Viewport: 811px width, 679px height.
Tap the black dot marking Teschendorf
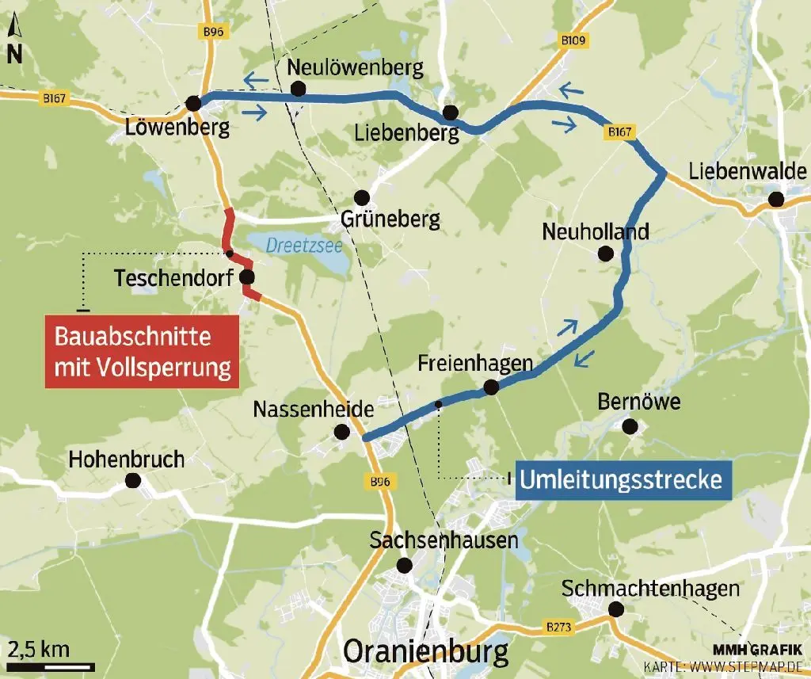point(246,277)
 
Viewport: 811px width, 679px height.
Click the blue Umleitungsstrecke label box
point(623,479)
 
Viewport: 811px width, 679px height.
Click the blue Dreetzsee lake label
point(304,246)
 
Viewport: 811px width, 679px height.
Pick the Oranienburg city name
point(426,654)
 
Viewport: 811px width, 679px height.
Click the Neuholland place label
point(595,231)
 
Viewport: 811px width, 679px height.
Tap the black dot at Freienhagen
point(490,387)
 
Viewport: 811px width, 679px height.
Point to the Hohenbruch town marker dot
point(133,480)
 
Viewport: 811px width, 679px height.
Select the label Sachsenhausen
point(444,541)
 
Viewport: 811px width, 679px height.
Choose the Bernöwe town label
point(638,402)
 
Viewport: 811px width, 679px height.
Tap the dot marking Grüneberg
point(362,196)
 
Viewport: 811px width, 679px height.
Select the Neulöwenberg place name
point(355,67)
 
